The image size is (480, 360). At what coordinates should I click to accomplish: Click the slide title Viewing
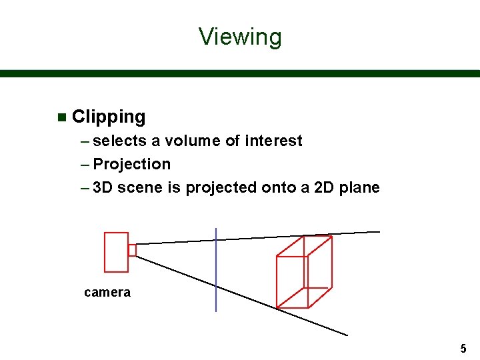240,36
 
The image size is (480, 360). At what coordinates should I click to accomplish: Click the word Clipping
108,117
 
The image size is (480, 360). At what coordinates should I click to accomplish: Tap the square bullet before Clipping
62,118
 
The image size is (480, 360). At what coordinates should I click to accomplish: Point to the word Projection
132,164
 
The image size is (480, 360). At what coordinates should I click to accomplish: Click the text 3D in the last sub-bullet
103,187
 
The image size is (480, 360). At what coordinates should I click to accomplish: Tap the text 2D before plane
325,187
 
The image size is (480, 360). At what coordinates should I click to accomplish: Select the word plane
359,187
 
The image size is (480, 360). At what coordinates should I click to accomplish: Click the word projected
221,187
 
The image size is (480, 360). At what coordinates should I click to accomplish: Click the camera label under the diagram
107,292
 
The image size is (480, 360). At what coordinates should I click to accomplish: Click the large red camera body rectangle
116,251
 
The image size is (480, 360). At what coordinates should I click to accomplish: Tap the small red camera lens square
132,250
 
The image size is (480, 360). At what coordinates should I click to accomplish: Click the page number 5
463,348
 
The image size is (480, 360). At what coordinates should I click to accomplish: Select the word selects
120,141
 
